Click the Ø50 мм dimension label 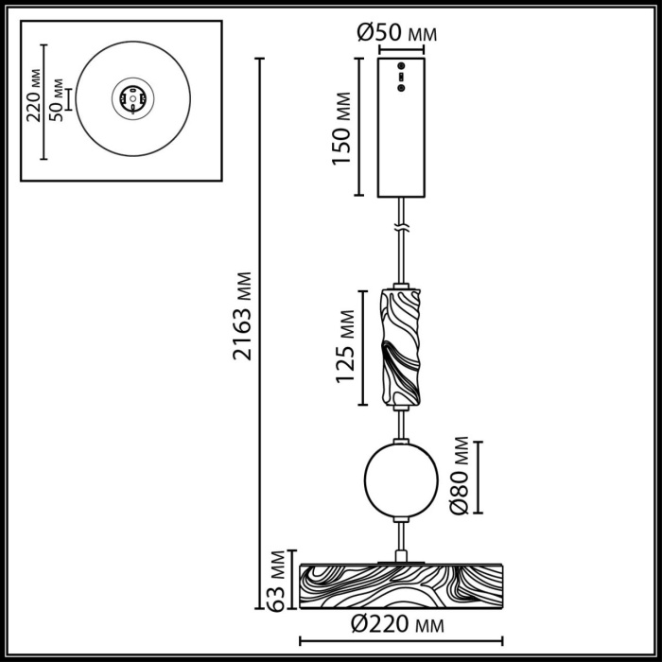coord(398,32)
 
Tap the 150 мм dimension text coord(341,127)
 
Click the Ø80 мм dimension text coord(461,476)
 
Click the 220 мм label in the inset coord(35,96)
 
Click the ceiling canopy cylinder coord(401,127)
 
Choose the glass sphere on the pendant coord(400,479)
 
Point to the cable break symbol coord(402,228)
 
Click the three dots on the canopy coord(400,77)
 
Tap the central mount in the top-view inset coord(131,97)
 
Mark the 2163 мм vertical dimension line coord(260,331)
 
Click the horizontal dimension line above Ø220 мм coord(397,611)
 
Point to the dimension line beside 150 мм coord(359,127)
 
